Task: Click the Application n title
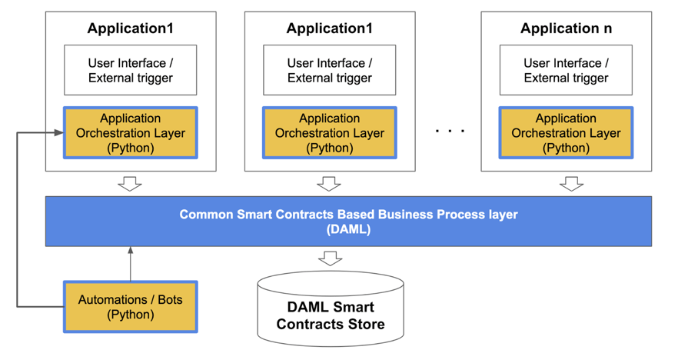(566, 29)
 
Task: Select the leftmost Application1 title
(130, 29)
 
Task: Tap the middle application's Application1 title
(329, 29)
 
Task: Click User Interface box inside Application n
(566, 70)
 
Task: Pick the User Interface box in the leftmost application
(130, 70)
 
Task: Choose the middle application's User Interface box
(329, 70)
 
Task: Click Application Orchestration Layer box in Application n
(566, 133)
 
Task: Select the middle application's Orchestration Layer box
(329, 133)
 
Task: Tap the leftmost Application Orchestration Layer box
(130, 133)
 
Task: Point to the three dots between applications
(450, 132)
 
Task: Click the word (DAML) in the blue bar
(348, 229)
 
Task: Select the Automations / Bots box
(130, 306)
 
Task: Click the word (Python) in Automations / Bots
(130, 315)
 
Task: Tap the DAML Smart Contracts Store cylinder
(330, 308)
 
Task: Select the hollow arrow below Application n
(571, 184)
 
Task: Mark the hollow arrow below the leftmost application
(130, 184)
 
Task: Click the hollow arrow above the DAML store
(330, 258)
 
